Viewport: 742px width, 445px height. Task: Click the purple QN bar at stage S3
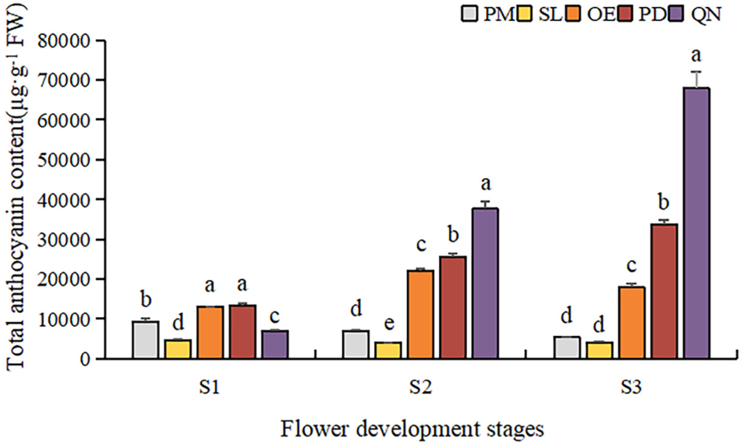coord(697,223)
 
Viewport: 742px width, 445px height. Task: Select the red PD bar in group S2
coord(453,307)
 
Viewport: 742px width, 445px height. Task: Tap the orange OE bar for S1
coord(210,332)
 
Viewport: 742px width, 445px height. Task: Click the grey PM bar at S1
coord(146,340)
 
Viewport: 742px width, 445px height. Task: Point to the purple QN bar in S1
coord(275,344)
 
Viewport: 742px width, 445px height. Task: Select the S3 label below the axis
coord(631,388)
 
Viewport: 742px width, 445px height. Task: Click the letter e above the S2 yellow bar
coord(389,323)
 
